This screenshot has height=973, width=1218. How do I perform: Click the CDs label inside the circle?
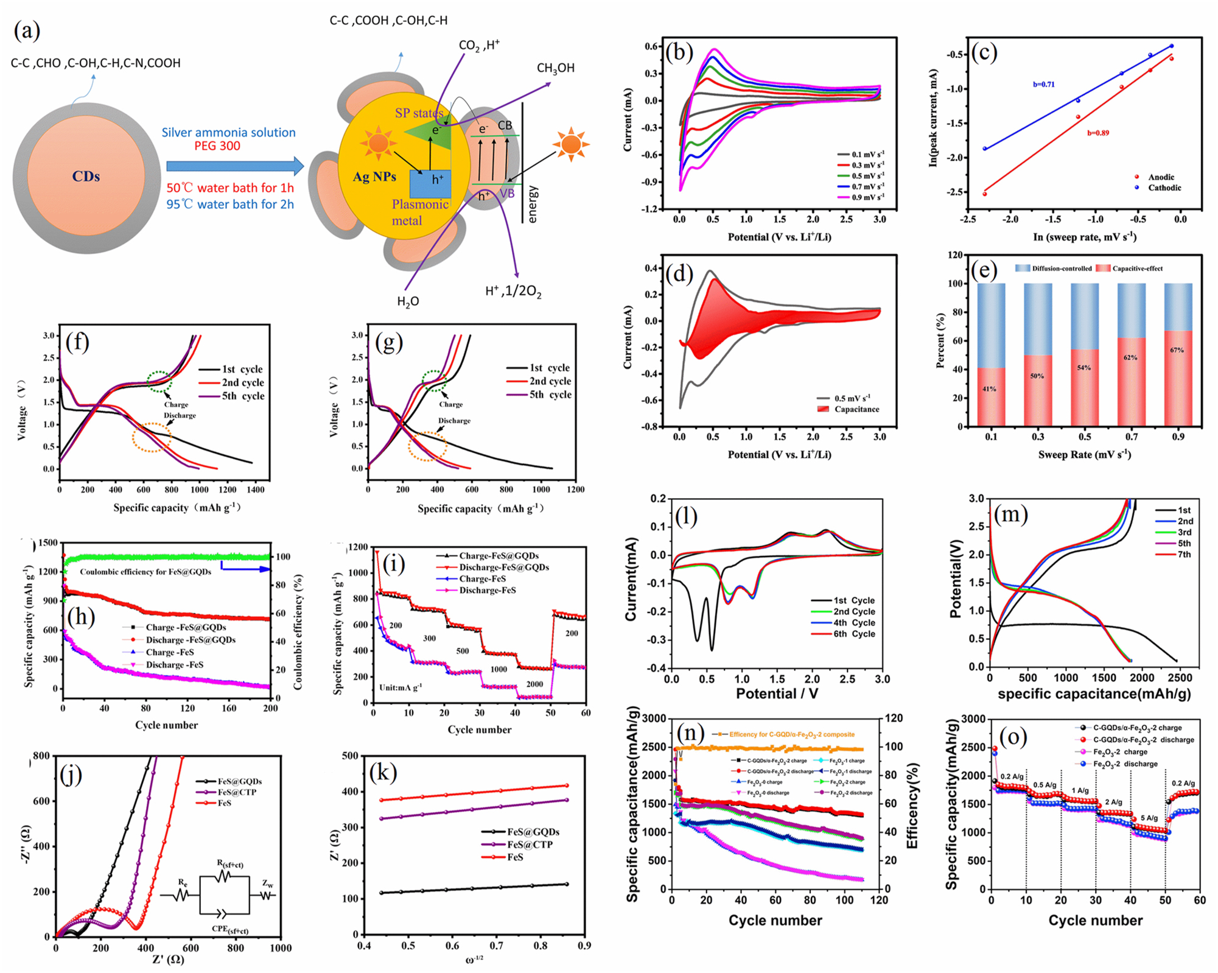(x=86, y=177)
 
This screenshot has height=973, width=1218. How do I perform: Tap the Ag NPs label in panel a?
(x=374, y=177)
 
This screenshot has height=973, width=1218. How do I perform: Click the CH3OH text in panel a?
(x=555, y=68)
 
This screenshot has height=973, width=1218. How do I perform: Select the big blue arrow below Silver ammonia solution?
(x=234, y=166)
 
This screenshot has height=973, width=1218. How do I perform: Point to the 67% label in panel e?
(x=1177, y=350)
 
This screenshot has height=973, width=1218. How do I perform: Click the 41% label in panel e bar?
(x=989, y=388)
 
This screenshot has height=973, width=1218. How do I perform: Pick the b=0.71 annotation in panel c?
(x=1043, y=85)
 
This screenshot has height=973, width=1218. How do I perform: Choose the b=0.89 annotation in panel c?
(x=1098, y=133)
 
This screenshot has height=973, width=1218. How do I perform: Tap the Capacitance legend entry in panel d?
(x=856, y=409)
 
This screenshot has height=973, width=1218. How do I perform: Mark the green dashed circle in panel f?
(x=159, y=381)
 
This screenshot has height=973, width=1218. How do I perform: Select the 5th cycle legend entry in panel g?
(x=550, y=395)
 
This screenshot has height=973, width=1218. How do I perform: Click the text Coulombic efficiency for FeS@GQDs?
(x=145, y=572)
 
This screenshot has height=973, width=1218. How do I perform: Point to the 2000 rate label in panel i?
(x=534, y=684)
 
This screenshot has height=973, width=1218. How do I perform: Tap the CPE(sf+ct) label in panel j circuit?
(x=229, y=930)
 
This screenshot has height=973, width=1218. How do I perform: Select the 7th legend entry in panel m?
(x=1183, y=554)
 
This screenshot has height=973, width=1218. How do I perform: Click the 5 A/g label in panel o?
(x=1149, y=818)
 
